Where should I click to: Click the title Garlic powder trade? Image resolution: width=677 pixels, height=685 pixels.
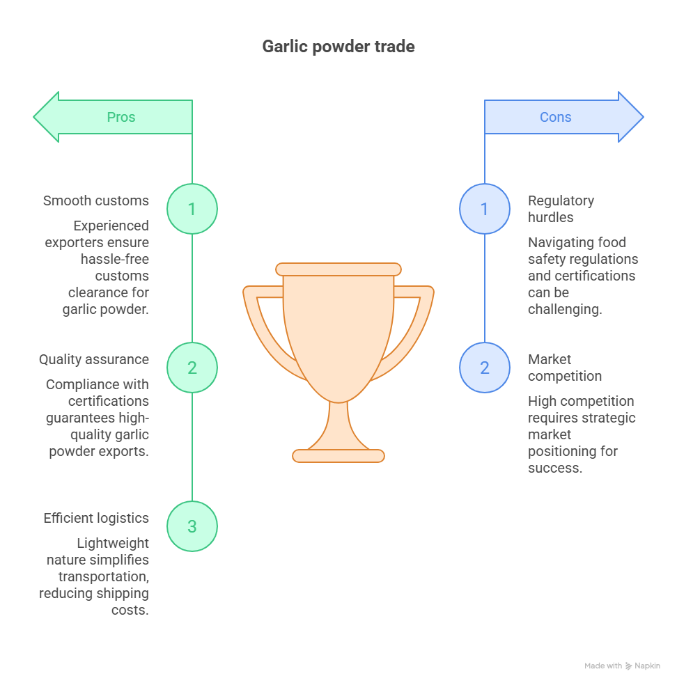pos(338,47)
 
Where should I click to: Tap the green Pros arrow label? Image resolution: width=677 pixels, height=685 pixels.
pos(121,117)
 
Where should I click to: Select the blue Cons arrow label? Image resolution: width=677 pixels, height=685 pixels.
pos(556,117)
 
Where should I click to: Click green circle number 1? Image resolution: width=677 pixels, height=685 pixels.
pos(192,209)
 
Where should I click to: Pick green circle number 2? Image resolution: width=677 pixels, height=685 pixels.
pos(192,368)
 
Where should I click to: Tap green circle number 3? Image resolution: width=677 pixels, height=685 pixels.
pos(192,526)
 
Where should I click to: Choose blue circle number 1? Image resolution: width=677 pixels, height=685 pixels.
pos(485,209)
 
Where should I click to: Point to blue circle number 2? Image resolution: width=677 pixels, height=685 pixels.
pos(485,368)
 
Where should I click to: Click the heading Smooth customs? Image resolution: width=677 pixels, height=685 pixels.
pos(95,200)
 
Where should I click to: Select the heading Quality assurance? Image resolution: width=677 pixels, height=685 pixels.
pos(94,359)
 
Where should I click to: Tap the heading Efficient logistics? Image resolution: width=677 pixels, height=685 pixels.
pos(96,518)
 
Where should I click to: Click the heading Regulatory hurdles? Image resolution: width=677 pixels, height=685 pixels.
pos(561,209)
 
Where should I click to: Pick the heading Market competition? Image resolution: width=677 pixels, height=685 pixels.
pos(565,368)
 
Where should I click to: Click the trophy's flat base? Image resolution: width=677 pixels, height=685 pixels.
pos(338,456)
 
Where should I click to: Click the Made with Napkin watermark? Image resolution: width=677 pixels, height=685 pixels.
pos(622,666)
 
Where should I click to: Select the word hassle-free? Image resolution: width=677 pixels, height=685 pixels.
pos(114,259)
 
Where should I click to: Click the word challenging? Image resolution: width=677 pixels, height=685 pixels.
pos(565,309)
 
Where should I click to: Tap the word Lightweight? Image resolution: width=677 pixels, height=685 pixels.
pos(113,543)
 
